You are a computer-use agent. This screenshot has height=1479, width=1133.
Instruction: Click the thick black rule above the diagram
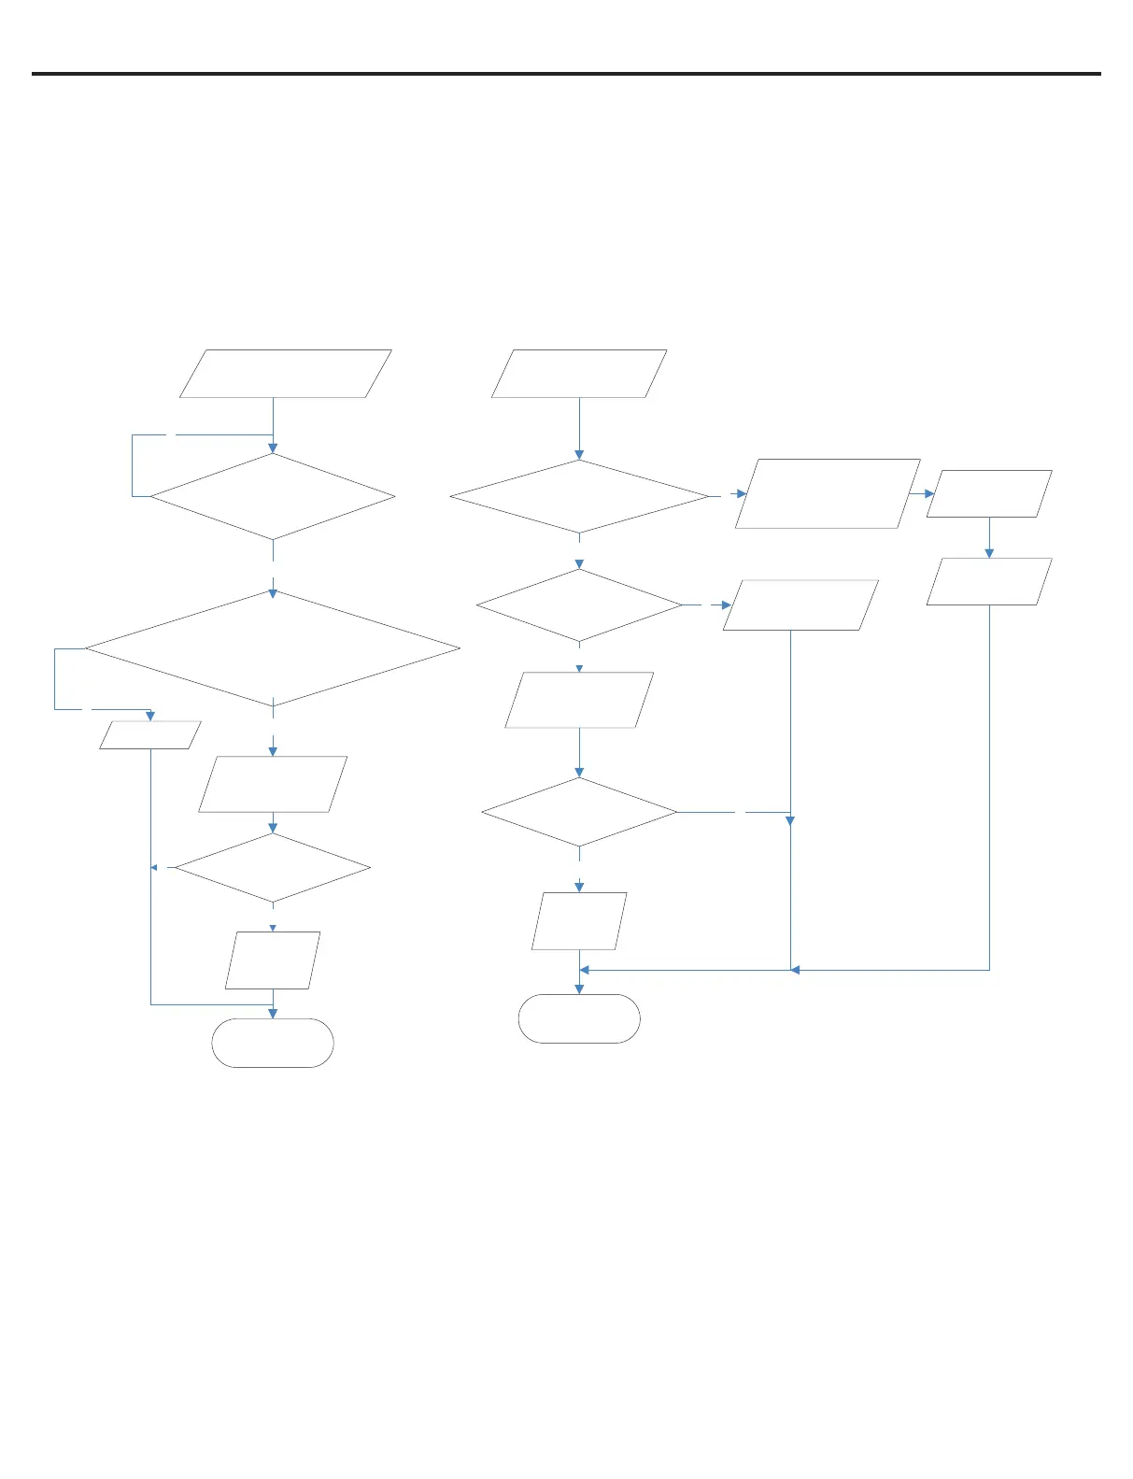click(566, 74)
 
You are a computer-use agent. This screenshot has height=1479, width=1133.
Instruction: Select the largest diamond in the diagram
click(273, 648)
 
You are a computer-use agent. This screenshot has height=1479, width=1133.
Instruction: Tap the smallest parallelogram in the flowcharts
click(149, 735)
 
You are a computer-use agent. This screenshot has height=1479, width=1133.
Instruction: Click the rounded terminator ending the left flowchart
click(273, 1043)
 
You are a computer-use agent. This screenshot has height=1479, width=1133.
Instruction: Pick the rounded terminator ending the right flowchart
click(579, 1018)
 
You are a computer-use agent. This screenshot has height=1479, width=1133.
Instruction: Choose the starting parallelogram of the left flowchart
click(285, 374)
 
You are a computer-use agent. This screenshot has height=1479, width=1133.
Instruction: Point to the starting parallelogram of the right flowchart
click(579, 374)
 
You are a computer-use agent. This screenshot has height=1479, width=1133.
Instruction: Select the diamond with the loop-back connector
click(273, 496)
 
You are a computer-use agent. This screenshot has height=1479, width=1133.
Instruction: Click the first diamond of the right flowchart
click(579, 496)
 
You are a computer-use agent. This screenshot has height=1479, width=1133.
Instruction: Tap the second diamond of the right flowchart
click(579, 605)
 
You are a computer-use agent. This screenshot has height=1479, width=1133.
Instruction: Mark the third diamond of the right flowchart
click(579, 813)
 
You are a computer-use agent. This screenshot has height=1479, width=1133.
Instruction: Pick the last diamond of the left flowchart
click(273, 868)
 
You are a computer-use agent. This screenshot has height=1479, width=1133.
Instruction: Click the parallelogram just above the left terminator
click(273, 960)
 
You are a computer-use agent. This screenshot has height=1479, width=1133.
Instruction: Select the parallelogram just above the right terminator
click(579, 921)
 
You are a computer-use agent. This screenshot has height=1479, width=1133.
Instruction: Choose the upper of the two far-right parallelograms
click(989, 493)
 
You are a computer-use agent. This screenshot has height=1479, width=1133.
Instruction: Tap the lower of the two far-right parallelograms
click(989, 581)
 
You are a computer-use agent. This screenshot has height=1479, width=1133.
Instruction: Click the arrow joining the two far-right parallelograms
click(989, 538)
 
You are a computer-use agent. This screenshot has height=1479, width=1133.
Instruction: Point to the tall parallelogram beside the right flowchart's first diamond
click(828, 493)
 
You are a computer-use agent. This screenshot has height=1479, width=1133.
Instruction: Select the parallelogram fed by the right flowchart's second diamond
click(800, 605)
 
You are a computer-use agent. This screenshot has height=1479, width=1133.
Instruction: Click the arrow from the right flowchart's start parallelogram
click(579, 429)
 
